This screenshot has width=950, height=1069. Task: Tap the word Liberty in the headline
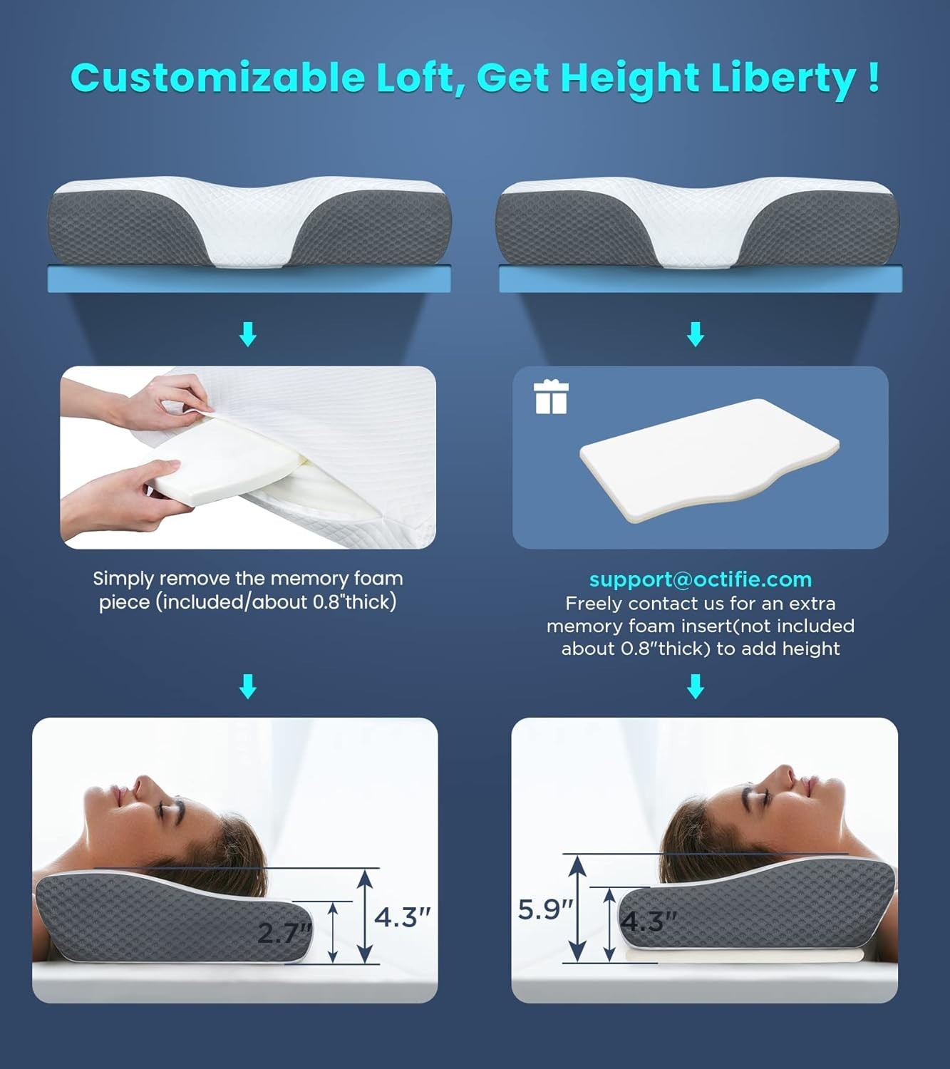783,78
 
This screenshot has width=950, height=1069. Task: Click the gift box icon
551,397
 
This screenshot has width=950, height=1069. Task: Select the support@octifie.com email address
700,579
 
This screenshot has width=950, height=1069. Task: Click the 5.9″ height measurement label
545,910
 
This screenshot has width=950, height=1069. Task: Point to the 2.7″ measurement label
284,933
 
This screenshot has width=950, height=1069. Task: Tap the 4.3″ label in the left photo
403,917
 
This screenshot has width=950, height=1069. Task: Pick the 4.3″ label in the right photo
649,921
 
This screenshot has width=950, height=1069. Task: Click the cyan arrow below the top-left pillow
248,334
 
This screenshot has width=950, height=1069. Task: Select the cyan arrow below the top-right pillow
696,334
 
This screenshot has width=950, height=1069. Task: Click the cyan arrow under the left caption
248,686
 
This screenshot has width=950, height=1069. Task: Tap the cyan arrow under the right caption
696,686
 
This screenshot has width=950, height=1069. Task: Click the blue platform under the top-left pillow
249,279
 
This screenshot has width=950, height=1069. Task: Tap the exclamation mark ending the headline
874,77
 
